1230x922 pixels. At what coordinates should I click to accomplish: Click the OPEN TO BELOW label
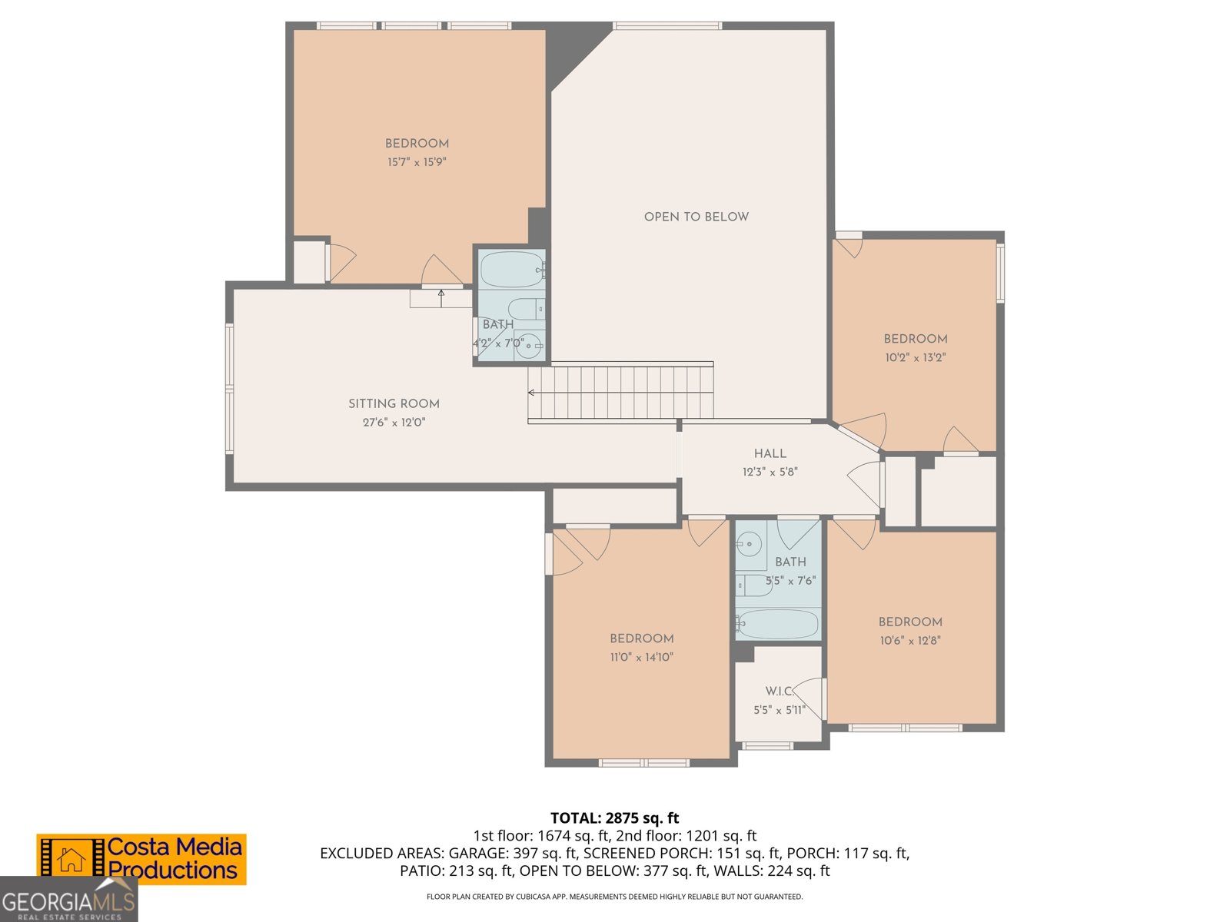[696, 217]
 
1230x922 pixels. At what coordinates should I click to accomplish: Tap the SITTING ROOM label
[394, 403]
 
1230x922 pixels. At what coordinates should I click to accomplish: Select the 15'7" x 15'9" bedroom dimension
[417, 162]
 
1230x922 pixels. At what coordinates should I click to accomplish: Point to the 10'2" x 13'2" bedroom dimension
[915, 357]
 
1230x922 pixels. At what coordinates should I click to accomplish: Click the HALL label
[770, 453]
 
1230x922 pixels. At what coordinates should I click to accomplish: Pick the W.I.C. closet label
[779, 691]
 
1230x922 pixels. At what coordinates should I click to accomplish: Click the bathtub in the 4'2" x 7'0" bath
[510, 269]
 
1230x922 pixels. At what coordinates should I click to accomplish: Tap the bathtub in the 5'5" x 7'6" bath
[777, 624]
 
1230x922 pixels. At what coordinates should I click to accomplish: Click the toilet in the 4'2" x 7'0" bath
[527, 309]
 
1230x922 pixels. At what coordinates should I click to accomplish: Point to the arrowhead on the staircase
[531, 393]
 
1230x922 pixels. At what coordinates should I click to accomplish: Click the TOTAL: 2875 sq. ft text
[614, 818]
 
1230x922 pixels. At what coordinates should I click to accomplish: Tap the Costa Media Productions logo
[141, 859]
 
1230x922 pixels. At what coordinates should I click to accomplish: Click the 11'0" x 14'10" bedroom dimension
[641, 657]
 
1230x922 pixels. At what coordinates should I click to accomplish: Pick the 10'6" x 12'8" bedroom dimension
[910, 640]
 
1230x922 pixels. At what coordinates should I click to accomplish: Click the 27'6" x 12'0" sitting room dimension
[394, 422]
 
